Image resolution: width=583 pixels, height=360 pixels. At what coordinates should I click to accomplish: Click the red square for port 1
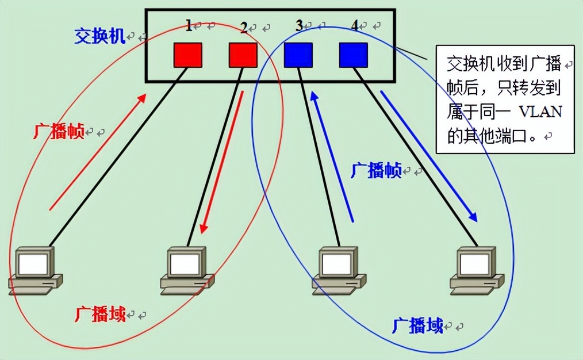pyautogui.click(x=187, y=55)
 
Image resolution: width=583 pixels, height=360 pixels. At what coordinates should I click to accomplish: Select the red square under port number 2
pyautogui.click(x=243, y=55)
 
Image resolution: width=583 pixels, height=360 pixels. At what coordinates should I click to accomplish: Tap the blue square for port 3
pyautogui.click(x=298, y=55)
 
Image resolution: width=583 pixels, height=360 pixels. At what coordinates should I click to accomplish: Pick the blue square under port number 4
pyautogui.click(x=353, y=55)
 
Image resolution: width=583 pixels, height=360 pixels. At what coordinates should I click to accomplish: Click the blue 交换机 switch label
pyautogui.click(x=99, y=36)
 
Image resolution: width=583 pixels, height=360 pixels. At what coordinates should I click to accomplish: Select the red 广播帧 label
pyautogui.click(x=59, y=132)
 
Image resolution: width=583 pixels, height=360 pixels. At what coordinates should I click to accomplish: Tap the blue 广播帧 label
pyautogui.click(x=375, y=171)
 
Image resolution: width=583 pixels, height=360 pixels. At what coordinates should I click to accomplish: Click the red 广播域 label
pyautogui.click(x=100, y=314)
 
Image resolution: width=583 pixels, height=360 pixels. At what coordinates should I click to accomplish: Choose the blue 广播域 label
pyautogui.click(x=417, y=326)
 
